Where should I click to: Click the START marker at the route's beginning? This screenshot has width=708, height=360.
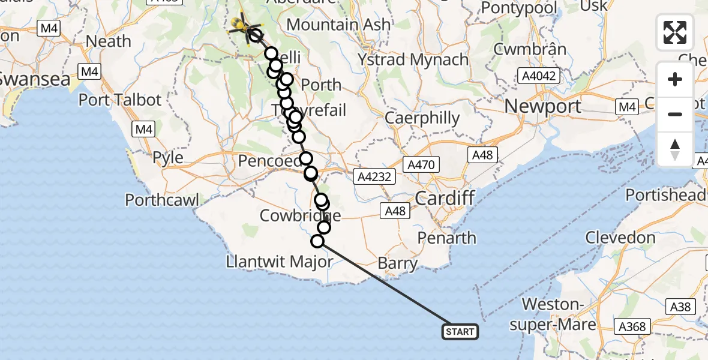click(x=460, y=331)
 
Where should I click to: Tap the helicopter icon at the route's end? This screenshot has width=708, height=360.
click(x=241, y=25)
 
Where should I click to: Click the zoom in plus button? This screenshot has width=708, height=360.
click(x=675, y=80)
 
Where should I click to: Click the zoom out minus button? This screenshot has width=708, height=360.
click(x=675, y=114)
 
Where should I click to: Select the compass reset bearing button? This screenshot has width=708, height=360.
click(x=675, y=148)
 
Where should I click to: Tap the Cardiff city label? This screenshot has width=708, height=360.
click(x=445, y=198)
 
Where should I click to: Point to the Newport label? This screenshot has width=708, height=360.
click(x=543, y=107)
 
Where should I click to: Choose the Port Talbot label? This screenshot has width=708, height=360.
click(x=120, y=100)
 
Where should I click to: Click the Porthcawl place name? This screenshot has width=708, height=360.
click(x=162, y=200)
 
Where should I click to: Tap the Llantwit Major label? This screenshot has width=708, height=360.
click(x=279, y=262)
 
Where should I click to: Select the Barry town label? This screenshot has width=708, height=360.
click(x=398, y=263)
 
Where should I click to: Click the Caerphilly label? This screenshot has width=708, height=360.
click(x=422, y=118)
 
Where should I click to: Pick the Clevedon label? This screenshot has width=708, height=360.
click(x=620, y=238)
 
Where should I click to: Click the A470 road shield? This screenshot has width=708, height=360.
click(x=424, y=164)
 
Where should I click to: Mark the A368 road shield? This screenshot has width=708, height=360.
click(x=632, y=326)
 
